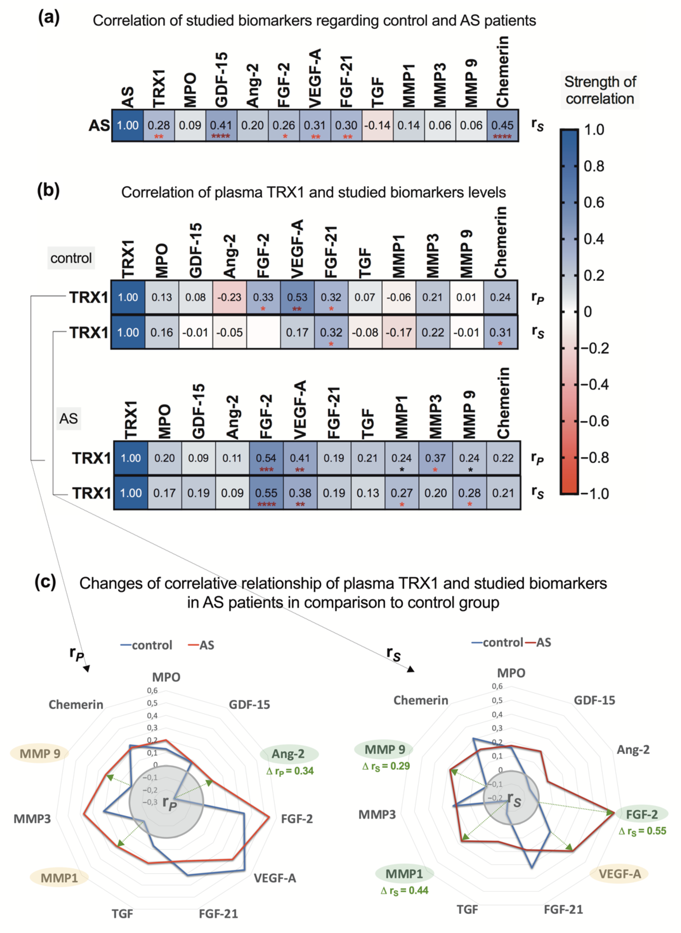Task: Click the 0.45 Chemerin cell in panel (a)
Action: coord(502,125)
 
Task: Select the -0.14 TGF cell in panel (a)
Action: coord(377,125)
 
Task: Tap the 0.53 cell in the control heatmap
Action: coord(297,297)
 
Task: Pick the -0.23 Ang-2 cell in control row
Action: coord(229,297)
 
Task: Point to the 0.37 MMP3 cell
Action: coord(435,458)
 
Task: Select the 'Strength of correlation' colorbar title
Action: coord(600,90)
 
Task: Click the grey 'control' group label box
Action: coord(71,258)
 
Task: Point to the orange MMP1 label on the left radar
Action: coord(59,878)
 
